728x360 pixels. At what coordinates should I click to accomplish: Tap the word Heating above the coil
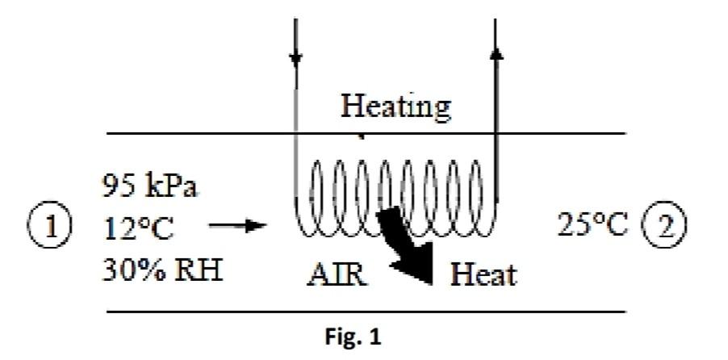click(x=395, y=106)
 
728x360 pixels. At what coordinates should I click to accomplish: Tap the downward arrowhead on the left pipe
click(x=296, y=57)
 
